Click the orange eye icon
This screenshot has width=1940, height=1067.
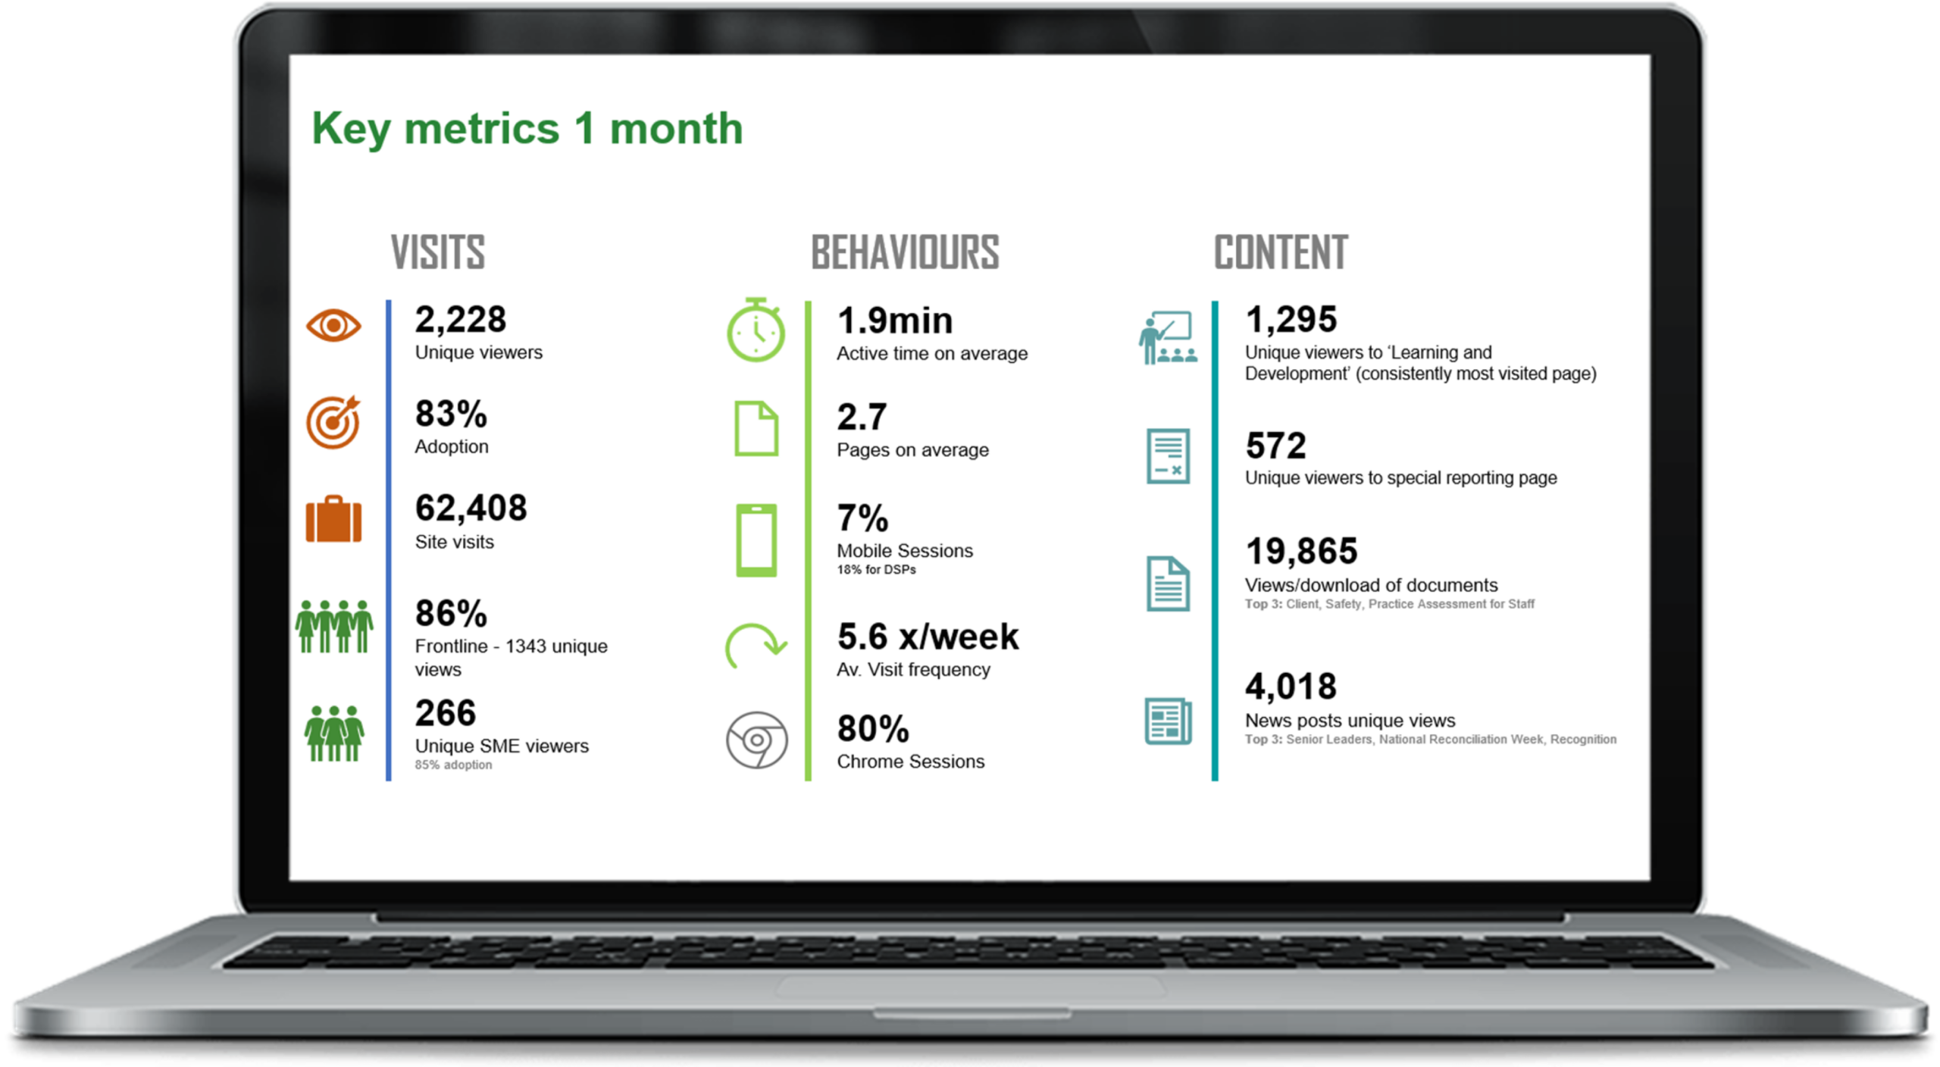tap(333, 326)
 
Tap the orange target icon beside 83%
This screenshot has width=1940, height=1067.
tap(333, 422)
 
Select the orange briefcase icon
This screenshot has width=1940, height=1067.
tap(333, 520)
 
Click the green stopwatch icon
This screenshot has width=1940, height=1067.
tap(756, 331)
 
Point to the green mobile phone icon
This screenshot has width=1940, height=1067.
tap(756, 540)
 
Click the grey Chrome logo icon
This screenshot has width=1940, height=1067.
tap(756, 740)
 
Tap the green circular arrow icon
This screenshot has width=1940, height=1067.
tap(756, 646)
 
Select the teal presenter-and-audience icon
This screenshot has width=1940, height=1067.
tap(1168, 338)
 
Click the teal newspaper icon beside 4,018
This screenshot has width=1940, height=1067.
tap(1168, 721)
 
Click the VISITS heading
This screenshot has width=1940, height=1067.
tap(438, 252)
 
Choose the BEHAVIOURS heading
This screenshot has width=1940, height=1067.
tap(905, 252)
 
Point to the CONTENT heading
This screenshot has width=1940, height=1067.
tap(1281, 252)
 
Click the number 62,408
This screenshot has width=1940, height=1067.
tap(471, 508)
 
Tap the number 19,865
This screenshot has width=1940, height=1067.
tap(1301, 552)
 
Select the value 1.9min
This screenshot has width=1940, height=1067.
tap(895, 321)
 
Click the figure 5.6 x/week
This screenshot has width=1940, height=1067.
tap(928, 637)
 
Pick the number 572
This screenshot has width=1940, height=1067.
tap(1275, 446)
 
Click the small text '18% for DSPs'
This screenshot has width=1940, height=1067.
tap(876, 570)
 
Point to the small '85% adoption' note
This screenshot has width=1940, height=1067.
tap(453, 765)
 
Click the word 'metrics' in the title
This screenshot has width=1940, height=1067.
tap(481, 129)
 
